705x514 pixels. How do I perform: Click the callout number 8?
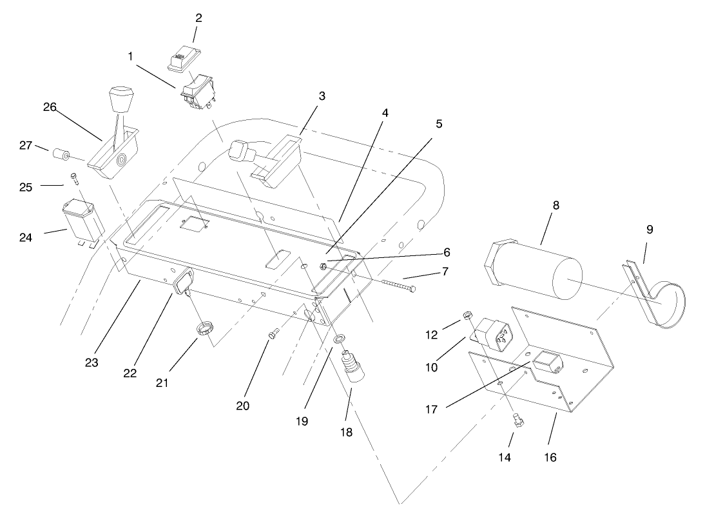555,206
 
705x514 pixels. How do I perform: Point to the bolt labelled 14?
517,421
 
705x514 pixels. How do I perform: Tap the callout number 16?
549,457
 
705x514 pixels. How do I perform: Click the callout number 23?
91,362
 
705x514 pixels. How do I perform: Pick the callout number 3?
322,96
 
